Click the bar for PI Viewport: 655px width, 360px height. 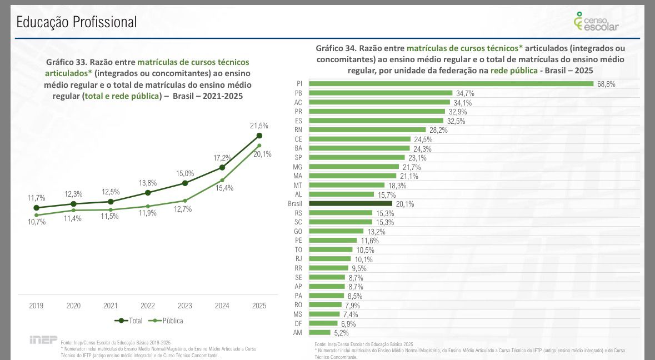tap(451, 84)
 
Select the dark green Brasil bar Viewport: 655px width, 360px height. tap(351, 204)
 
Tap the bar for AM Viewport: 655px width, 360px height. tap(319, 333)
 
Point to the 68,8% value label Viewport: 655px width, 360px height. tap(606, 84)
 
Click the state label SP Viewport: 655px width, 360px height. tap(298, 158)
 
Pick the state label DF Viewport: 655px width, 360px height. tap(298, 323)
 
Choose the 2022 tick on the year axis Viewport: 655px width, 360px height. tap(148, 306)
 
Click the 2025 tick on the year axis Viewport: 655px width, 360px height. tap(259, 306)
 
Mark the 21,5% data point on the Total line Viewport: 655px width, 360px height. tap(259, 136)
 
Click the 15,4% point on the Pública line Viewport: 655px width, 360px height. tap(222, 180)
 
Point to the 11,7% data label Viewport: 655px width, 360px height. tap(37, 198)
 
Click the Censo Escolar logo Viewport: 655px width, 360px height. tap(596, 22)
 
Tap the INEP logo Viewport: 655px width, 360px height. tap(43, 339)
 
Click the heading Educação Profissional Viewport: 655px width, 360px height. tap(77, 22)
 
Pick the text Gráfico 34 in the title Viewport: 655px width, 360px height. tap(336, 48)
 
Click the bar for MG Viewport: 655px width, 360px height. tap(354, 167)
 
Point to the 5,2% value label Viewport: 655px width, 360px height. tap(341, 333)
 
